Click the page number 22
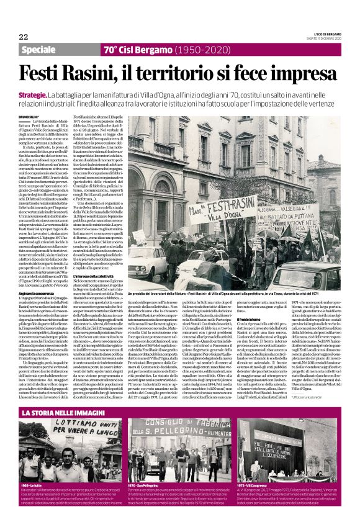24,37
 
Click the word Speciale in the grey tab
41,50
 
